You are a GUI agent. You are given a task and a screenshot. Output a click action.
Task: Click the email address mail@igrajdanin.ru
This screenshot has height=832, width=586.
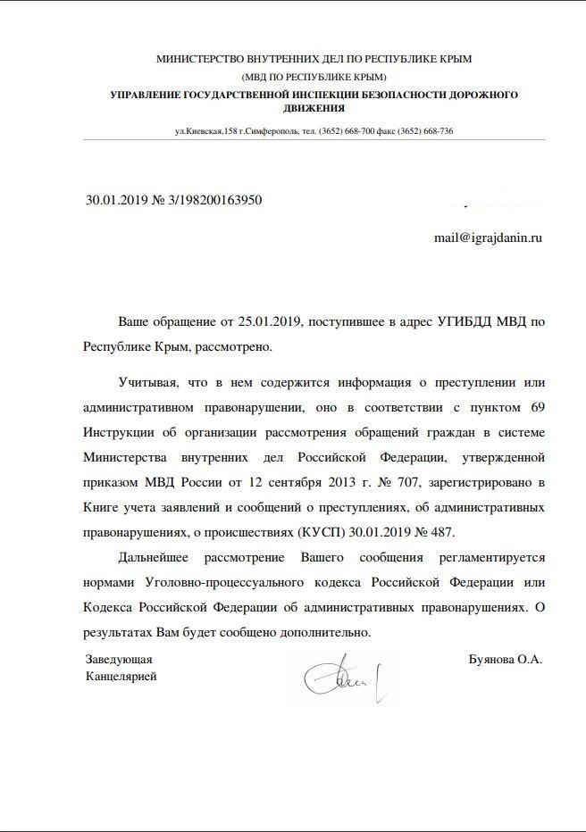[x=488, y=239]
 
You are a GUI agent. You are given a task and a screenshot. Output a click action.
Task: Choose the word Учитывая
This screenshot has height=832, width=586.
[x=146, y=383]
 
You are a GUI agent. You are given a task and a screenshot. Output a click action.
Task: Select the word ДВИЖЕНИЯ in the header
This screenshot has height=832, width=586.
[x=314, y=108]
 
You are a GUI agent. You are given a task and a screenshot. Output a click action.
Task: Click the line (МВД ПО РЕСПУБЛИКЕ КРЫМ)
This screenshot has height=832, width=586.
[x=314, y=77]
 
